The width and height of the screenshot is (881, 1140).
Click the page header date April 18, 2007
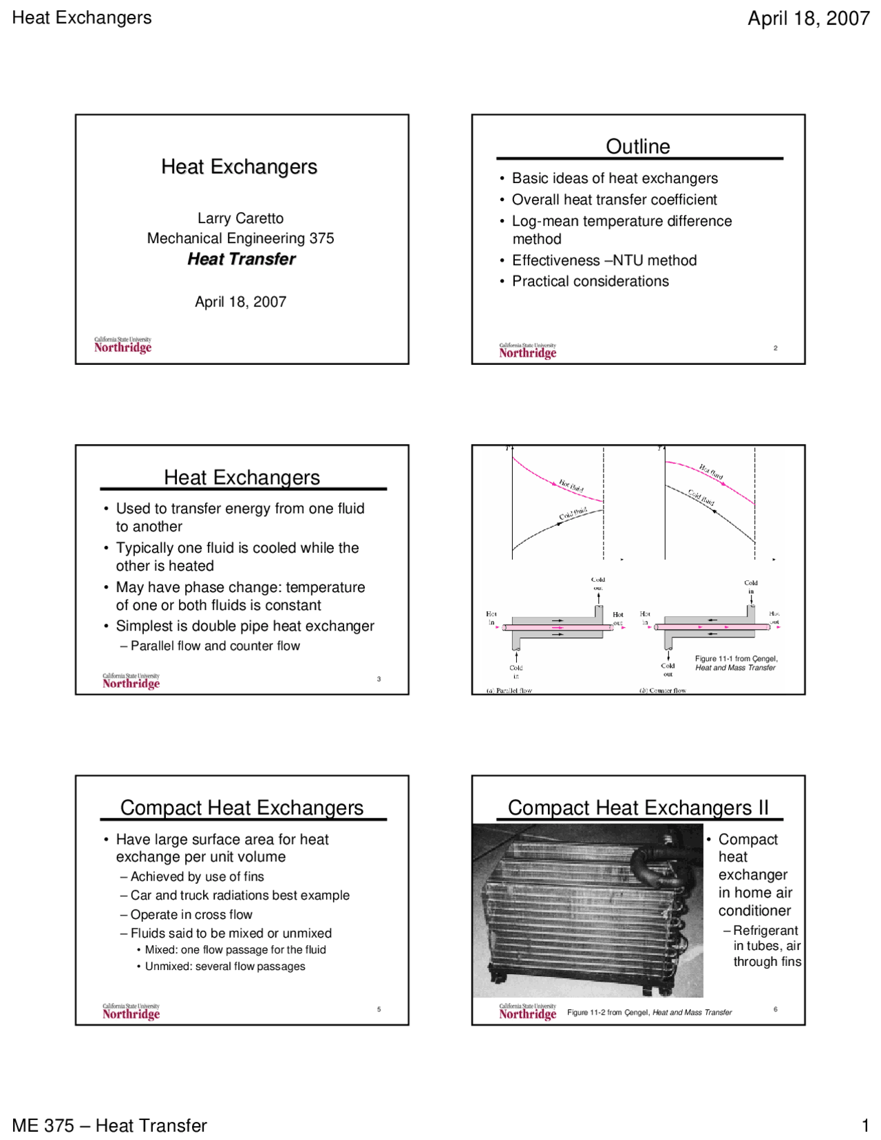tap(808, 19)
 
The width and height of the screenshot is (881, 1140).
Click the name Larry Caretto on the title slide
tap(240, 218)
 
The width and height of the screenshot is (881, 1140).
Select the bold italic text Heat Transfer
tap(241, 259)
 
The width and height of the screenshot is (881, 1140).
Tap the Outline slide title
tap(637, 146)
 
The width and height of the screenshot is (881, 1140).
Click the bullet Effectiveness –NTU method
tap(604, 260)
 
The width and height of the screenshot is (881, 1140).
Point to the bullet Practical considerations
tap(590, 281)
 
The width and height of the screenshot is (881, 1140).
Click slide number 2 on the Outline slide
tap(775, 348)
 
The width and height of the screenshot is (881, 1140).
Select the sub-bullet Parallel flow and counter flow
tap(215, 646)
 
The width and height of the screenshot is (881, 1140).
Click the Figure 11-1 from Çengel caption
tap(736, 663)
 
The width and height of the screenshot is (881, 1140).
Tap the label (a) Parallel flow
tap(509, 690)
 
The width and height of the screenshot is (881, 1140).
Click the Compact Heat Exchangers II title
tap(637, 807)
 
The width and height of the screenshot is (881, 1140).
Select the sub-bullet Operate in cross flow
tap(191, 914)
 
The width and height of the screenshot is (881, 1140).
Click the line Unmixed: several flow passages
tap(224, 966)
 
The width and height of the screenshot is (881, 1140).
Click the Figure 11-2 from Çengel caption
tap(648, 1012)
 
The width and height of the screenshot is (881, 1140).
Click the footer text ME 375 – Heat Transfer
tap(109, 1125)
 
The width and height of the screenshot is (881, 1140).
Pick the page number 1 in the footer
tap(865, 1126)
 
